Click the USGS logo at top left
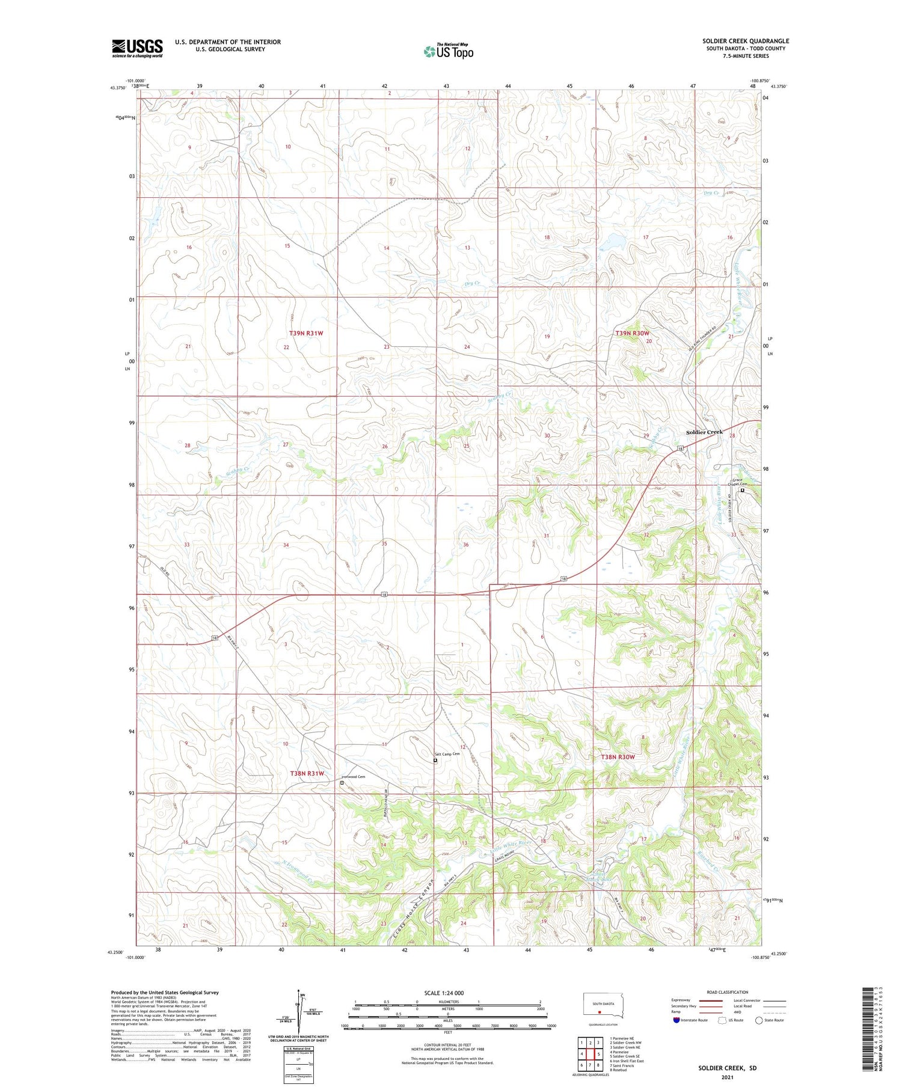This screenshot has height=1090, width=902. pos(137,48)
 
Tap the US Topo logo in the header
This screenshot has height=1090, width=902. pos(448,52)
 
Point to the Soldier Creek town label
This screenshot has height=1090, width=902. pos(704,432)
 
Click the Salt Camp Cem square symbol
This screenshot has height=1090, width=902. pos(435,761)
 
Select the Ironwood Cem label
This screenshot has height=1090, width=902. pos(353,777)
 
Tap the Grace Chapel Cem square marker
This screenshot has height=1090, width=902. pos(742,491)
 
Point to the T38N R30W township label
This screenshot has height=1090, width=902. pos(618,757)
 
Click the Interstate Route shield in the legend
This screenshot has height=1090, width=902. pos(676,1020)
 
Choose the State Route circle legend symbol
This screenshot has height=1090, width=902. pos(759,1020)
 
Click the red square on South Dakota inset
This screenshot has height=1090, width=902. pos(600,1011)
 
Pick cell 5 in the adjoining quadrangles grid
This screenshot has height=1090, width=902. pos(599,1054)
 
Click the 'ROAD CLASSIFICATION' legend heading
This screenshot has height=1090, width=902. pos(728,992)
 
